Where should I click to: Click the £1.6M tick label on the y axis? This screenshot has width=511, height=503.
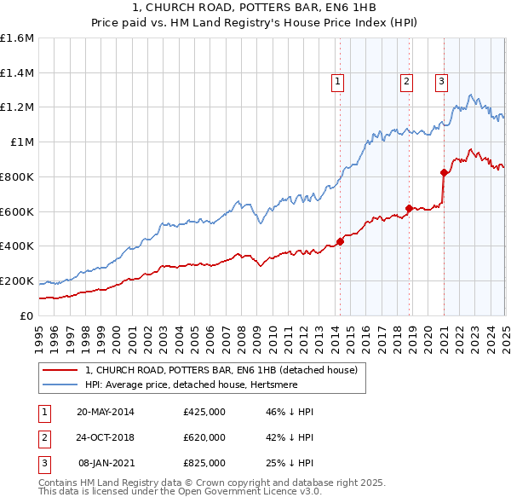[x=17, y=38]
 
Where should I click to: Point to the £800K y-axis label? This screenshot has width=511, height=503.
[x=17, y=176]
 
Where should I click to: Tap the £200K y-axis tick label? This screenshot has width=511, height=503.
[x=17, y=280]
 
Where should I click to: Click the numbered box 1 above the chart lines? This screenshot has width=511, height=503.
[x=338, y=82]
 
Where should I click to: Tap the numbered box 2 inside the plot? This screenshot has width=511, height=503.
[x=407, y=82]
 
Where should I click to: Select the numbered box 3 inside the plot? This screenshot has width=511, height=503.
[x=442, y=82]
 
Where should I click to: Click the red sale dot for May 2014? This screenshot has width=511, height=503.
[x=340, y=241]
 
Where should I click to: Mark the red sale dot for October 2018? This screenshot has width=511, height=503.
[x=409, y=207]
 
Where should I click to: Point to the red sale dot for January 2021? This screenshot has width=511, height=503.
[x=444, y=172]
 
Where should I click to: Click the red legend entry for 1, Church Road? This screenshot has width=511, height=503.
[x=226, y=370]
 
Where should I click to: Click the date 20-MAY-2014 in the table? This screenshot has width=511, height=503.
[x=106, y=413]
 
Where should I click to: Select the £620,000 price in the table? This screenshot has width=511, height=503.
[x=204, y=437]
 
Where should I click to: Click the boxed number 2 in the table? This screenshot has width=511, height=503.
[x=43, y=437]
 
